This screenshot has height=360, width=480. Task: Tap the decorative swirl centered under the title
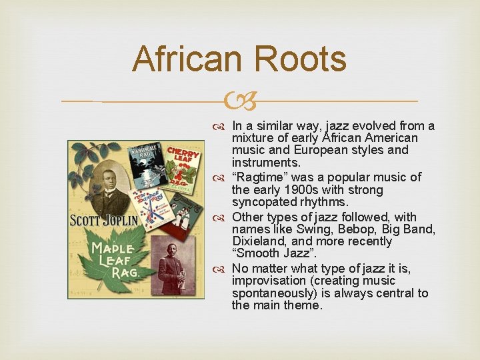coord(239,102)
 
